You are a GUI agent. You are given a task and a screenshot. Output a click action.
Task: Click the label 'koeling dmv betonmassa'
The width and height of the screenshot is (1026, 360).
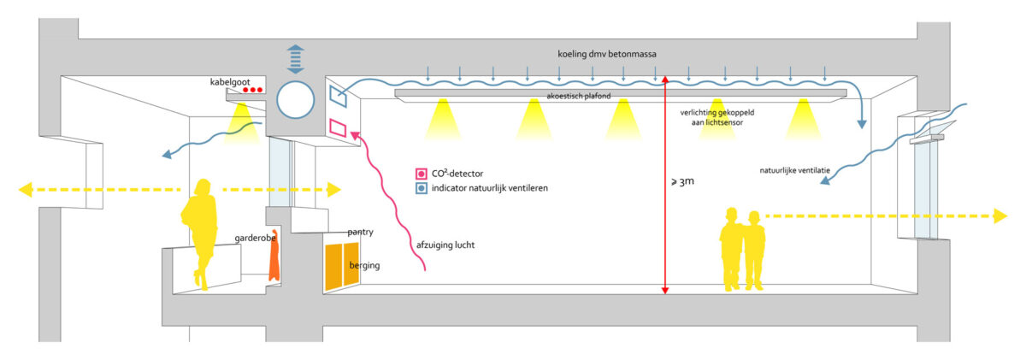607,53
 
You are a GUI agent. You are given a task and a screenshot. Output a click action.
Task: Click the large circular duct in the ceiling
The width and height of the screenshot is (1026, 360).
297,100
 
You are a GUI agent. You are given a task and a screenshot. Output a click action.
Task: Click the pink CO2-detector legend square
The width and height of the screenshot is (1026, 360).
420,174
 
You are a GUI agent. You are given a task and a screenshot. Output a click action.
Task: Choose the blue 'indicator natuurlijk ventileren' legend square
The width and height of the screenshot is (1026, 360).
420,188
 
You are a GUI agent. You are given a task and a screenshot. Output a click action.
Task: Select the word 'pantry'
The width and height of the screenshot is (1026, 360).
360,232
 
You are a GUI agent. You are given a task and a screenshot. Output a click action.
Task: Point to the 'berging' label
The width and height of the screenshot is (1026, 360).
364,265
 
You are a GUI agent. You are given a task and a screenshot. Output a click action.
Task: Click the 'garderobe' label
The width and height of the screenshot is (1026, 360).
255,238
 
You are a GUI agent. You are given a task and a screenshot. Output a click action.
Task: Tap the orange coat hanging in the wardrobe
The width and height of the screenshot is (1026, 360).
274,257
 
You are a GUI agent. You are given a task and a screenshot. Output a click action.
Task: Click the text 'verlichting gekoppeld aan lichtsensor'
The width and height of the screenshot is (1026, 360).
715,117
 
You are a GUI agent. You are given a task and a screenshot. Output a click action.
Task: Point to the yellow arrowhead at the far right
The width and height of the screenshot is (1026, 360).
1000,217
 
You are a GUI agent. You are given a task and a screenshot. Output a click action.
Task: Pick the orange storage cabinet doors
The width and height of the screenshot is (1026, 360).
339,267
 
